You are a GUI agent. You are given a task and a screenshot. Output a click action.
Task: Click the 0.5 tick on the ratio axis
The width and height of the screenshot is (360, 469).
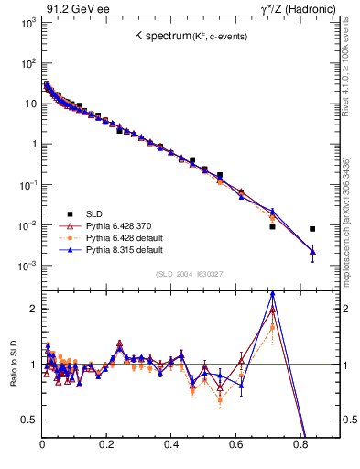[x=31, y=420]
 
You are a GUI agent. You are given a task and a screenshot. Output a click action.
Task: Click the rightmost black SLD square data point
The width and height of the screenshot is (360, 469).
[x=312, y=229]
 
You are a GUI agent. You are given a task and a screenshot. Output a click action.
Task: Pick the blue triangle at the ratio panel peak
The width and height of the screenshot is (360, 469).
[x=272, y=295]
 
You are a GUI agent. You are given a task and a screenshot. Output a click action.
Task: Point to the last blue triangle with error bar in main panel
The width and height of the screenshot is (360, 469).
[x=312, y=251]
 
